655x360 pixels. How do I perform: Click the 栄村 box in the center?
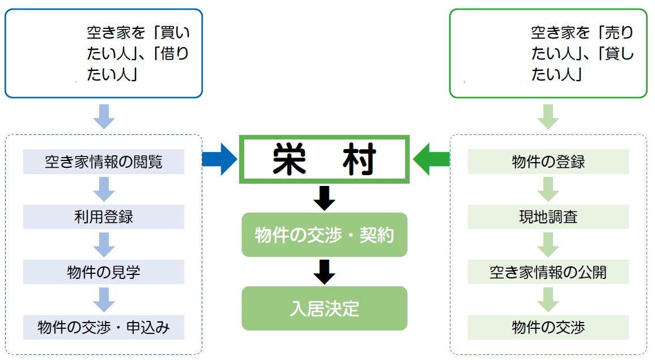pyautogui.click(x=324, y=159)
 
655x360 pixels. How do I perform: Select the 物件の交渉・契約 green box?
pyautogui.click(x=324, y=235)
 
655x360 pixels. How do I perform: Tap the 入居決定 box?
pyautogui.click(x=324, y=308)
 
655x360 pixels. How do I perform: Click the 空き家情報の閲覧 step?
pyautogui.click(x=104, y=162)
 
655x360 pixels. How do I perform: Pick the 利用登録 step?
pyautogui.click(x=104, y=217)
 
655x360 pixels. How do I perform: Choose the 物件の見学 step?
pyautogui.click(x=104, y=272)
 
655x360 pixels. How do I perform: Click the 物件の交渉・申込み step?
pyautogui.click(x=104, y=327)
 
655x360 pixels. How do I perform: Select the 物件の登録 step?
pyautogui.click(x=548, y=162)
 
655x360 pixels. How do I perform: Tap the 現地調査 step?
pyautogui.click(x=548, y=217)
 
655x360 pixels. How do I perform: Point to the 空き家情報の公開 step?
pyautogui.click(x=548, y=272)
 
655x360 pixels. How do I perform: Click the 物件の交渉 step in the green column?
pyautogui.click(x=548, y=327)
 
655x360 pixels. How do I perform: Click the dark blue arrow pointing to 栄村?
pyautogui.click(x=220, y=159)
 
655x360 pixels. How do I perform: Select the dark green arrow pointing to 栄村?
pyautogui.click(x=431, y=159)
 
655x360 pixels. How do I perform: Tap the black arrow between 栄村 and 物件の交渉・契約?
pyautogui.click(x=324, y=198)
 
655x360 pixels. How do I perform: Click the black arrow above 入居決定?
pyautogui.click(x=324, y=272)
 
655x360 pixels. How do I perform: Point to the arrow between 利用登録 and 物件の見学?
pyautogui.click(x=104, y=244)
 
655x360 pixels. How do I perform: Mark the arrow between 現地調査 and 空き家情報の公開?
pyautogui.click(x=548, y=244)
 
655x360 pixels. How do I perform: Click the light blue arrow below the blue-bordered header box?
pyautogui.click(x=104, y=117)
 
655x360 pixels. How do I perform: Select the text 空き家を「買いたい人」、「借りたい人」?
pyautogui.click(x=138, y=53)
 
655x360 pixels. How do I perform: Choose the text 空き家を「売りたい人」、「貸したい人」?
pyautogui.click(x=582, y=53)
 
